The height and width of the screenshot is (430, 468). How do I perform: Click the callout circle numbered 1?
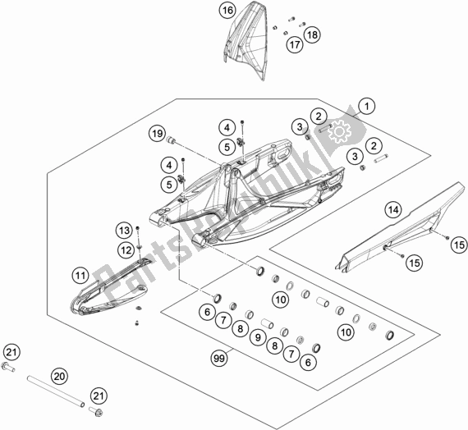coord(365,105)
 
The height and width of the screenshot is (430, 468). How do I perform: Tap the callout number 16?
coord(204,11)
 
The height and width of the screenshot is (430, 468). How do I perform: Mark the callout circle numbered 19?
coord(157,133)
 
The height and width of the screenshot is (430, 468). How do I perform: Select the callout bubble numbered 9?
coord(260,336)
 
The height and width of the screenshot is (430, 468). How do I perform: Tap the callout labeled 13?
coord(123,229)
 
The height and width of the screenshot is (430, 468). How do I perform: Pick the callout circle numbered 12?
coord(126,249)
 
